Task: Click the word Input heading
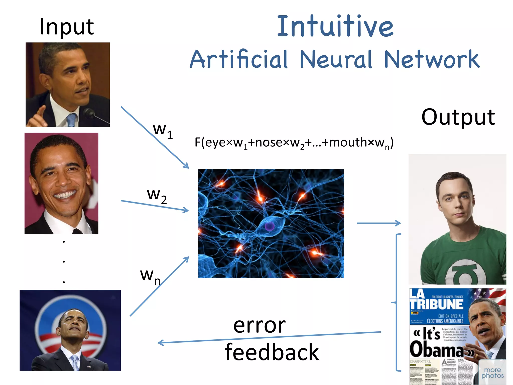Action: (67, 27)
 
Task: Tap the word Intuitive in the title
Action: (335, 26)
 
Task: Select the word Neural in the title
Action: (336, 60)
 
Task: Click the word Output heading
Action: (458, 117)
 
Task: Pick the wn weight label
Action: (150, 276)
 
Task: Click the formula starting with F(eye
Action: (294, 143)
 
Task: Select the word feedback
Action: (272, 352)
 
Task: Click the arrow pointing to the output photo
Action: (379, 223)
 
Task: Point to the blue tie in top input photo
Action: (71, 120)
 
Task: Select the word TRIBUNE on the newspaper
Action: (436, 305)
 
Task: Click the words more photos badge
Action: (492, 373)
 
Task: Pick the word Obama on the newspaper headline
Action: (436, 349)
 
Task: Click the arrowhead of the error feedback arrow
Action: (160, 343)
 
